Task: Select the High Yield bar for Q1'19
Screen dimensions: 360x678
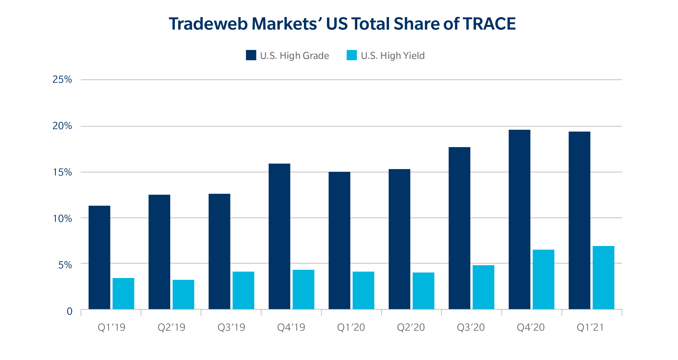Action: (123, 293)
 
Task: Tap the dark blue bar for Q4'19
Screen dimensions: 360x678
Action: (279, 236)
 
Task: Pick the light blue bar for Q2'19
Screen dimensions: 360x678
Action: (183, 294)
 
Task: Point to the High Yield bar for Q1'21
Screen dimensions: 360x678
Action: (603, 277)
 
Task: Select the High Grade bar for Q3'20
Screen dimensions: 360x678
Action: (459, 228)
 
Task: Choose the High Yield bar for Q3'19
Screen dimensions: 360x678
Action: (243, 290)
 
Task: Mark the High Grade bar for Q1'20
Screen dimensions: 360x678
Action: (339, 240)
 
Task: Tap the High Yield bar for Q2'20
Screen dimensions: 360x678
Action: (423, 291)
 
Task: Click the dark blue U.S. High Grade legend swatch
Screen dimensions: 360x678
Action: (251, 55)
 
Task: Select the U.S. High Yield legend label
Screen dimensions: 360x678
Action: (393, 56)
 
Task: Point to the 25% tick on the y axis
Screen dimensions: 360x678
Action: (62, 79)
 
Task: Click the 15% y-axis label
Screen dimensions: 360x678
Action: (62, 172)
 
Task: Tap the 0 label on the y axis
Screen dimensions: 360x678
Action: (69, 311)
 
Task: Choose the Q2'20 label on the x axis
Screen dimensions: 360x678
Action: (411, 327)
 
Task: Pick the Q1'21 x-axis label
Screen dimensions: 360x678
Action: (590, 327)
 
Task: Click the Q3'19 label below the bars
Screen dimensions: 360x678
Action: (231, 327)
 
